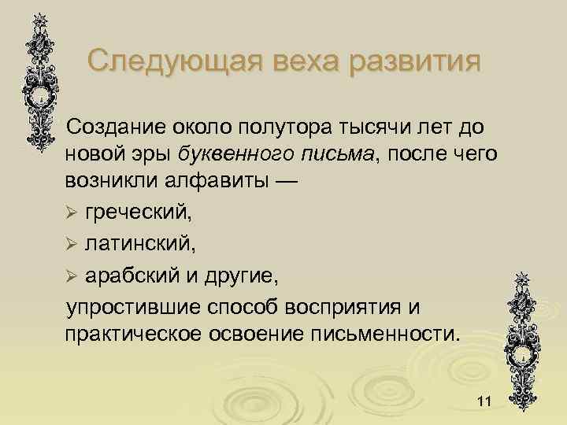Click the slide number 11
click(x=484, y=403)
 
